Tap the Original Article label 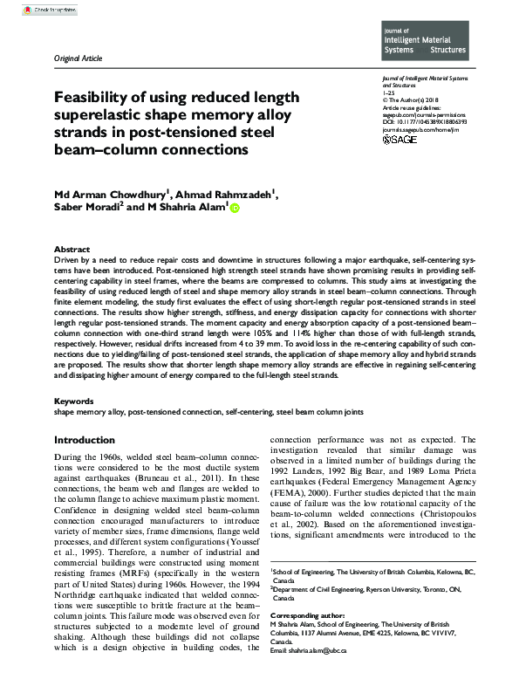[x=78, y=58]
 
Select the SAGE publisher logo [x=400, y=139]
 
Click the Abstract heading [x=72, y=250]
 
